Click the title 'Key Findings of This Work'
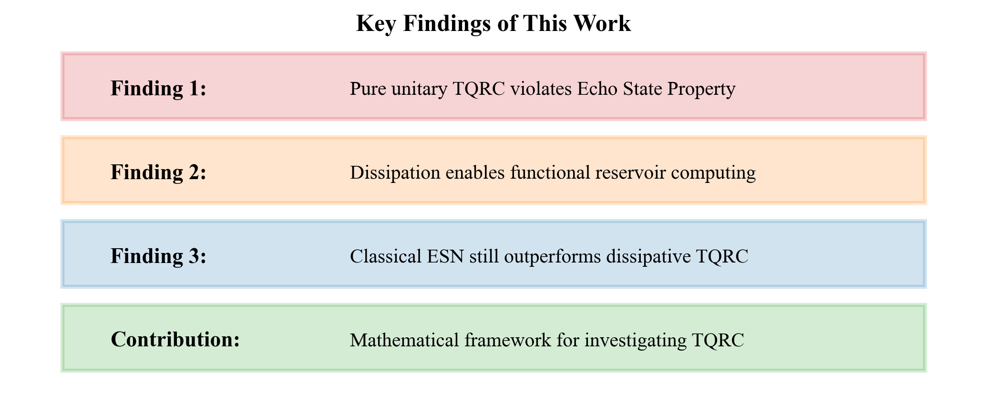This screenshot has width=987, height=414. [493, 24]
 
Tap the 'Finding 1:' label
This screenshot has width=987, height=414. [158, 89]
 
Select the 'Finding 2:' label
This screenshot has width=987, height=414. [158, 172]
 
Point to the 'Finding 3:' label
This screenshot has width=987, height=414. [158, 256]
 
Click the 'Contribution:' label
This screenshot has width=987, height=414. [175, 340]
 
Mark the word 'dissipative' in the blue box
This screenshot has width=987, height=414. [644, 257]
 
